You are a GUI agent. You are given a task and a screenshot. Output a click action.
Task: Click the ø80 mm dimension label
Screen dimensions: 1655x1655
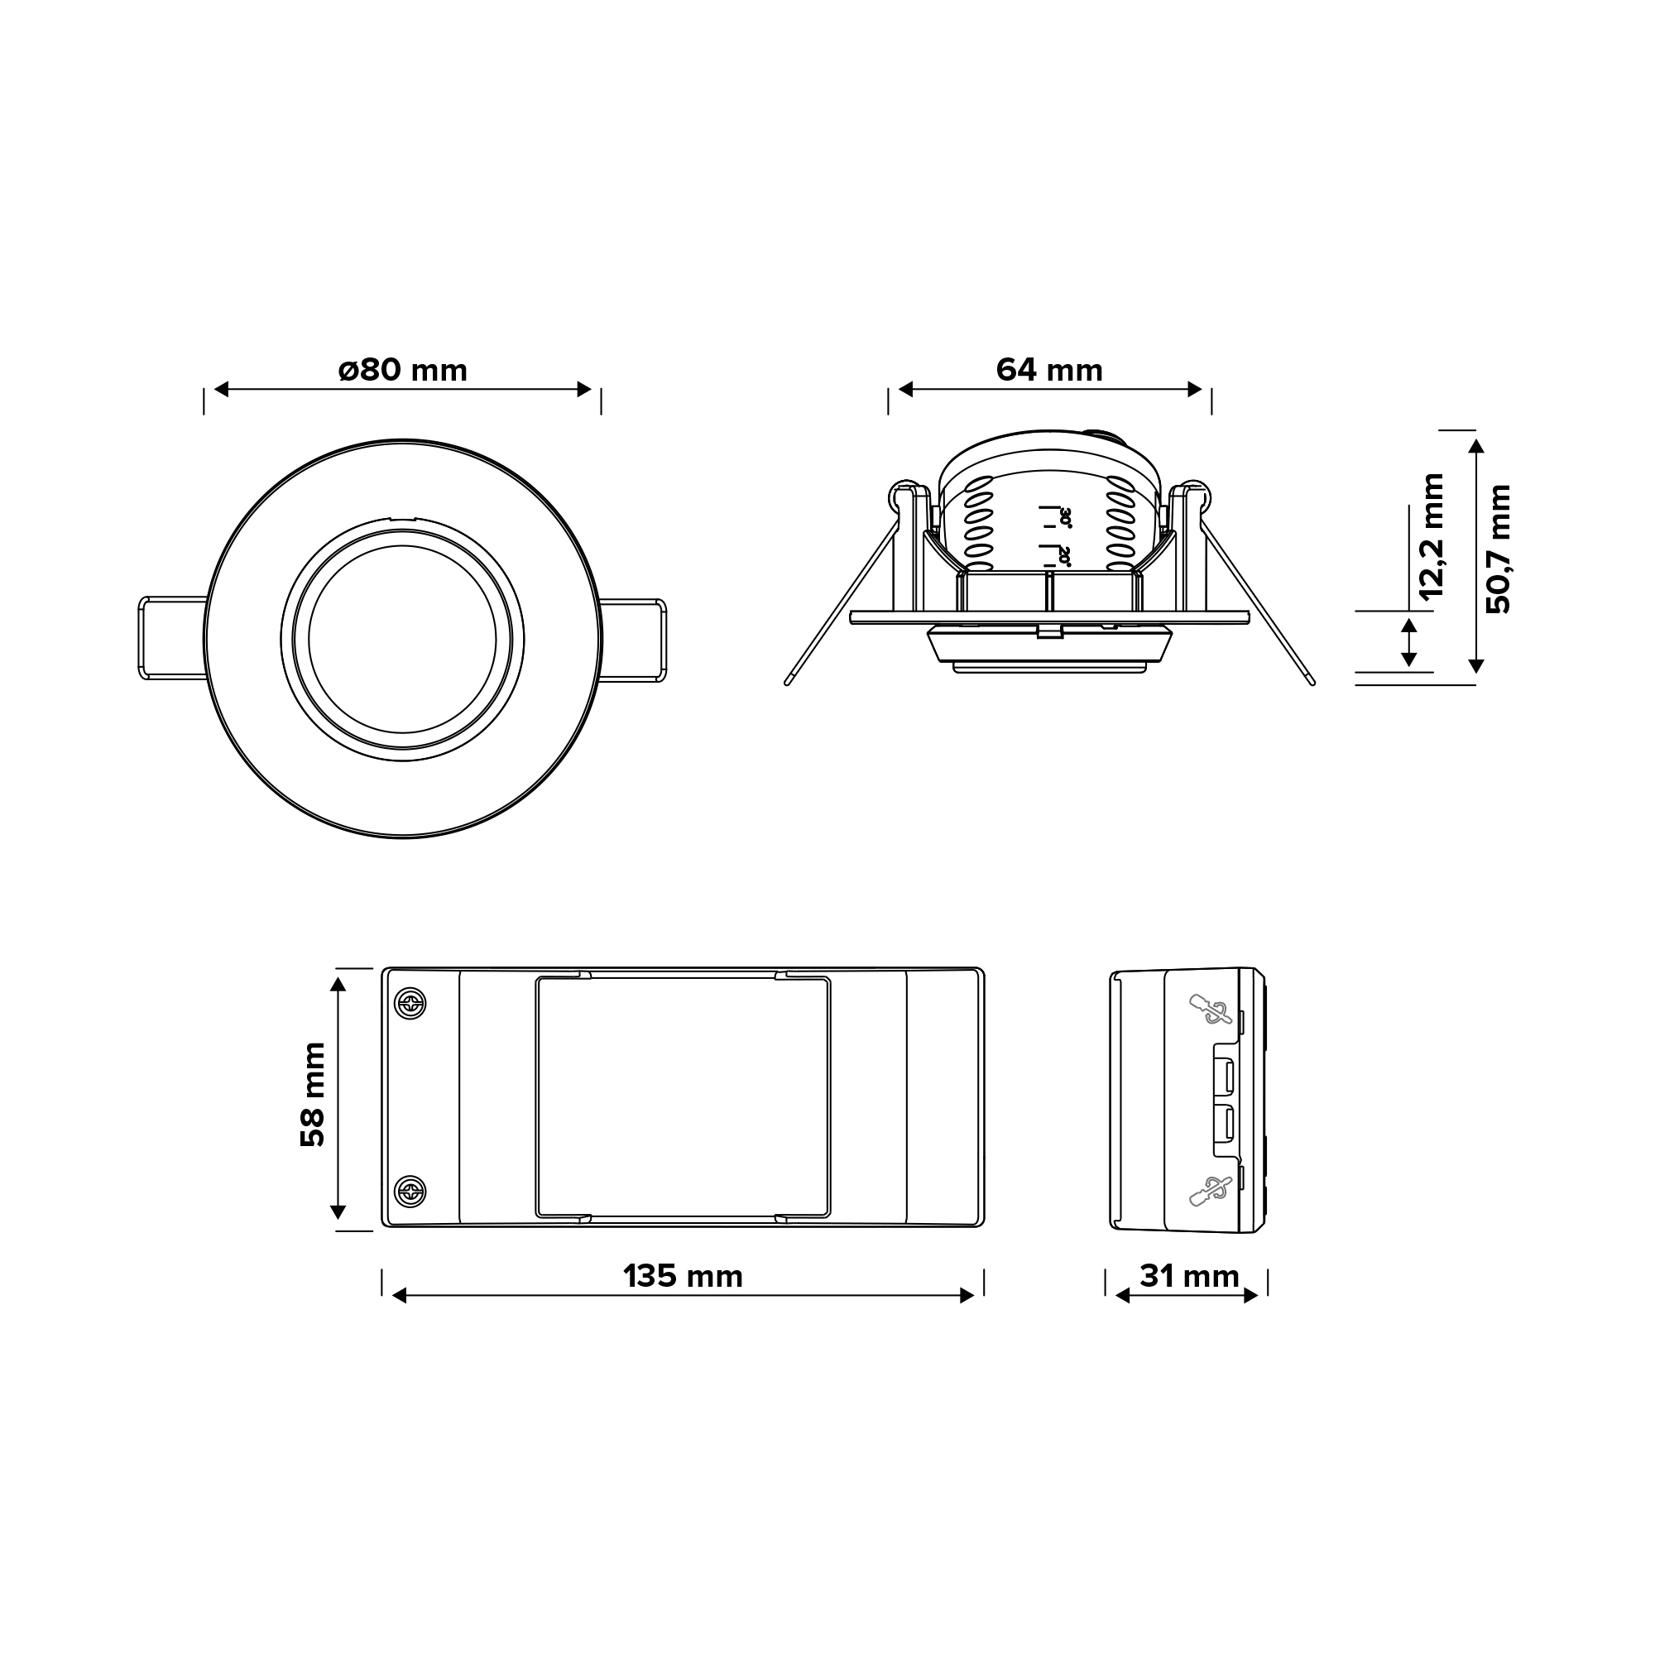click(x=403, y=370)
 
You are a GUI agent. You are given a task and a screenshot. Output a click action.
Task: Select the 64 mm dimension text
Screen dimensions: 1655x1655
click(x=1049, y=370)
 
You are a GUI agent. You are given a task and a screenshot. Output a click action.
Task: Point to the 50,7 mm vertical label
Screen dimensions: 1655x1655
click(x=1499, y=549)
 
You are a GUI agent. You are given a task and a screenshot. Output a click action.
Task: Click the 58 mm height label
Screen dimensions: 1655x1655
click(x=314, y=1094)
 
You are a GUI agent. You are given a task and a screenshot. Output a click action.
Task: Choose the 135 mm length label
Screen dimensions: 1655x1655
click(x=683, y=1276)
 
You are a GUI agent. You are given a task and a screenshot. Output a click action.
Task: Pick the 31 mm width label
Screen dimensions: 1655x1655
click(x=1189, y=1276)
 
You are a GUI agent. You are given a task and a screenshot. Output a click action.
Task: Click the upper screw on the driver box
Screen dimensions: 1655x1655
click(x=410, y=1003)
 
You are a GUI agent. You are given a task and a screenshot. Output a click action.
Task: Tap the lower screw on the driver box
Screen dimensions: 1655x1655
click(x=410, y=1191)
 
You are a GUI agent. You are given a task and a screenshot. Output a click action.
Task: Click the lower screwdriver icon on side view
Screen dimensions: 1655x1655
click(x=1210, y=1192)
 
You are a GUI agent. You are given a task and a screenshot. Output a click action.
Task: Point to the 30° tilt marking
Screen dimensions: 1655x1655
click(x=1065, y=517)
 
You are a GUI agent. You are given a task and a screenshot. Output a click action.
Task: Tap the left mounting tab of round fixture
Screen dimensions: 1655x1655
click(x=171, y=639)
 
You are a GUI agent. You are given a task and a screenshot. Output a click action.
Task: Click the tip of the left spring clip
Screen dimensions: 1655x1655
click(x=787, y=682)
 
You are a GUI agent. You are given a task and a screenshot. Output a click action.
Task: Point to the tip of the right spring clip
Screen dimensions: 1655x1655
click(x=1312, y=682)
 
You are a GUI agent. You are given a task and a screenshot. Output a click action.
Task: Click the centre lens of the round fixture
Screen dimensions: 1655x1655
click(x=403, y=639)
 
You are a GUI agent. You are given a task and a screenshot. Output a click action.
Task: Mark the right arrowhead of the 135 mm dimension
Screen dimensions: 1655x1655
click(x=968, y=1296)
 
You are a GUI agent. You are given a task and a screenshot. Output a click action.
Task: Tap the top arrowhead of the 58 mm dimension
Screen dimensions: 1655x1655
click(x=338, y=984)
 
